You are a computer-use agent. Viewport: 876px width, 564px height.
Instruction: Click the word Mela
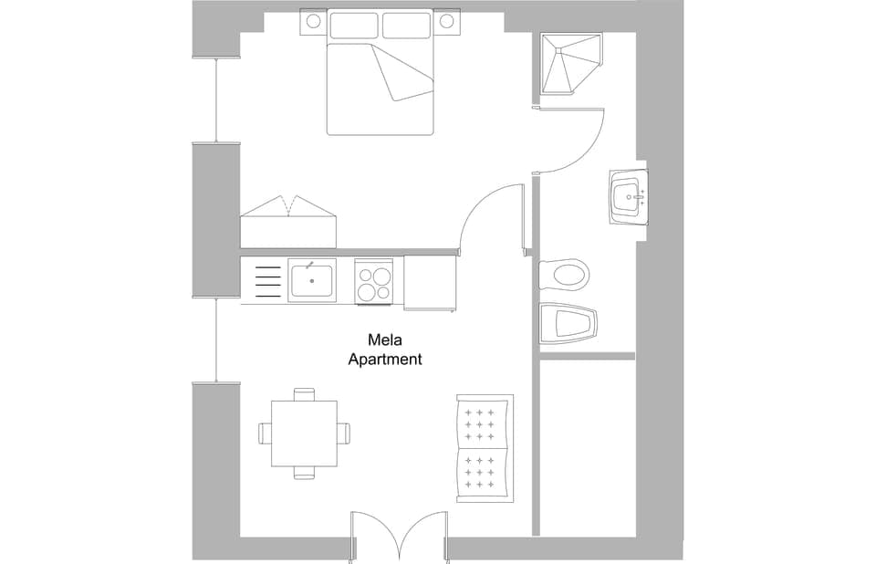click(384, 340)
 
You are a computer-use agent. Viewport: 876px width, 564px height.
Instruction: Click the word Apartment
click(385, 360)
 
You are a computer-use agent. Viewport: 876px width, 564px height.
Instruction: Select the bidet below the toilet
click(567, 323)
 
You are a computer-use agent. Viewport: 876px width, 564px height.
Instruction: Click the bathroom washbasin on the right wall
click(628, 196)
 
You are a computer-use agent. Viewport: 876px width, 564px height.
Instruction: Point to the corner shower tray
click(570, 64)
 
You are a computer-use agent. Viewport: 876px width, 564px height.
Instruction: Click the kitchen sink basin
click(311, 280)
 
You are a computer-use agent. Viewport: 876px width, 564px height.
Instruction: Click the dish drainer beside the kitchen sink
click(266, 280)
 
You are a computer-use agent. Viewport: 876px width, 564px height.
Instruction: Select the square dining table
click(304, 433)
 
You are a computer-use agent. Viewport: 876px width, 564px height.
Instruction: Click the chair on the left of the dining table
click(266, 433)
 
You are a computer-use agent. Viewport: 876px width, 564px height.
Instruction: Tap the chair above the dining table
click(304, 394)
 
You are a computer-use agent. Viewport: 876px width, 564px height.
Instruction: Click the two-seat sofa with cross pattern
click(484, 448)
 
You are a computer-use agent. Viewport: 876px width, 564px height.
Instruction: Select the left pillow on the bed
click(353, 25)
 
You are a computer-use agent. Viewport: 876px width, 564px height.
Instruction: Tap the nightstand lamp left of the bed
click(313, 20)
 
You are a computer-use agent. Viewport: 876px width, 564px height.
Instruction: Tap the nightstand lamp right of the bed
click(446, 20)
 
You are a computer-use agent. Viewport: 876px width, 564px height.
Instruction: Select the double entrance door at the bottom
click(400, 537)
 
